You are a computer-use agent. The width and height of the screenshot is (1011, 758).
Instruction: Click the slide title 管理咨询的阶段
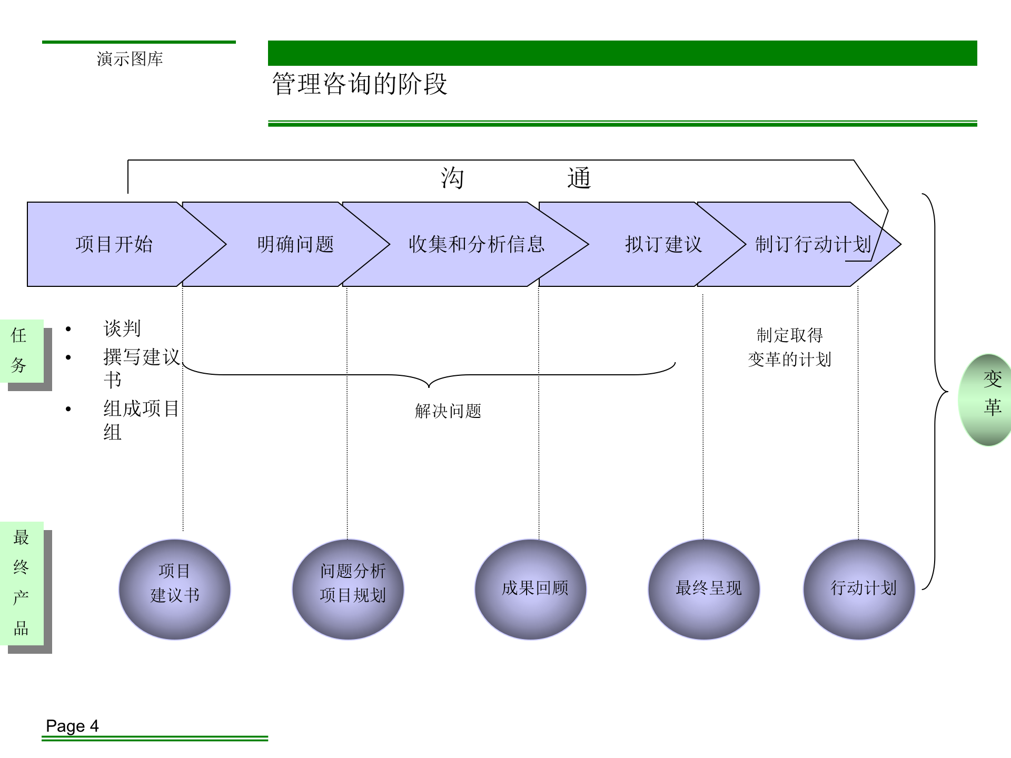coord(360,84)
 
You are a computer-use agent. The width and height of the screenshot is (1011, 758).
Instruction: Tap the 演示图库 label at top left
coord(130,59)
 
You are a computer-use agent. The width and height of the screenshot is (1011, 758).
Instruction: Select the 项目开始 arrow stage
coord(114,244)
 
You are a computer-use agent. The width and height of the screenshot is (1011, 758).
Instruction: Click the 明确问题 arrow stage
coord(295,244)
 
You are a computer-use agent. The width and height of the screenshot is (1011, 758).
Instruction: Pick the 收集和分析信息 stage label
coord(477,244)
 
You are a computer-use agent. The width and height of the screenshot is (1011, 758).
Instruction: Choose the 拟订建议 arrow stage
coord(663,244)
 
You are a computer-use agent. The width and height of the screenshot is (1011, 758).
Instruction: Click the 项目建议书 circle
coord(175,589)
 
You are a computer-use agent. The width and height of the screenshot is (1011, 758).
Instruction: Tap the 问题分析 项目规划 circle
coord(348,589)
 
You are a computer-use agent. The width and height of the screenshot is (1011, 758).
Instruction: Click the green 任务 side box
coord(21,351)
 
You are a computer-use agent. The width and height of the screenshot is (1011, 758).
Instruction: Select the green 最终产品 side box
coord(22,583)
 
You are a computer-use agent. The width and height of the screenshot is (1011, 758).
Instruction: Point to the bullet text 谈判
coord(122,328)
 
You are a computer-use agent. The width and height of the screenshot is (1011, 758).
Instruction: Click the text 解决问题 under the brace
coord(448,411)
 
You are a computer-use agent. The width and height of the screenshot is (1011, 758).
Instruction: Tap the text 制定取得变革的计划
coord(789,347)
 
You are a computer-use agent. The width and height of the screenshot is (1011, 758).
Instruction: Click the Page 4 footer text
coord(72,726)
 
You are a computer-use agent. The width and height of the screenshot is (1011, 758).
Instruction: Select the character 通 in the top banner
coord(579,178)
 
